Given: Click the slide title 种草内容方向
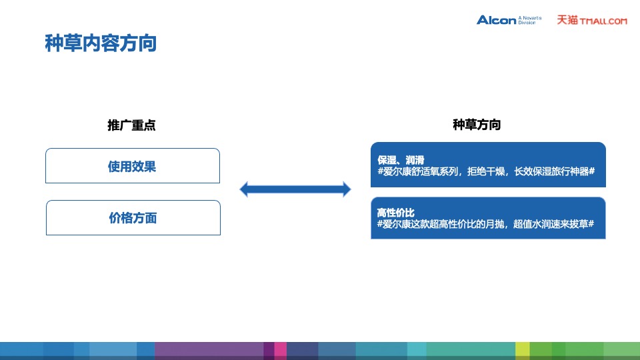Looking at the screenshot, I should pos(101,43).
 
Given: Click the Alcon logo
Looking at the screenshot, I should pos(497,20).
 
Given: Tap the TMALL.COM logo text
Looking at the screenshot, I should pos(603,21).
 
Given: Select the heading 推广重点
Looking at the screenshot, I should pos(131,125).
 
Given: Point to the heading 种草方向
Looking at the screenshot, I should pos(477,125).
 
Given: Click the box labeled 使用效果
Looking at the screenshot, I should pos(132,166).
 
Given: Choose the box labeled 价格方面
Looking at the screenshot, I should pos(133,217).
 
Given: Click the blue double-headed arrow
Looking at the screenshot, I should pos(295,190).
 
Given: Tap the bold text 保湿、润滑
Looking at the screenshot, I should pos(401,160).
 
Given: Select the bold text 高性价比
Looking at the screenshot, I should pos(395,213).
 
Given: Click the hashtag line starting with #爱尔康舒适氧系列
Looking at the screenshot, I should pos(485,171).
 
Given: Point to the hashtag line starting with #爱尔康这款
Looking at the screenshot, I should pos(485,224).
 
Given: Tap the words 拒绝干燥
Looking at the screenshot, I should pos(489,171).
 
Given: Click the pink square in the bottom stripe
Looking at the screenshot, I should pos(280,350).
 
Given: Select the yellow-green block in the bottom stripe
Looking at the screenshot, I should pos(522,350).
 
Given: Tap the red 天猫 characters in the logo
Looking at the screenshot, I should pos(567,20).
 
